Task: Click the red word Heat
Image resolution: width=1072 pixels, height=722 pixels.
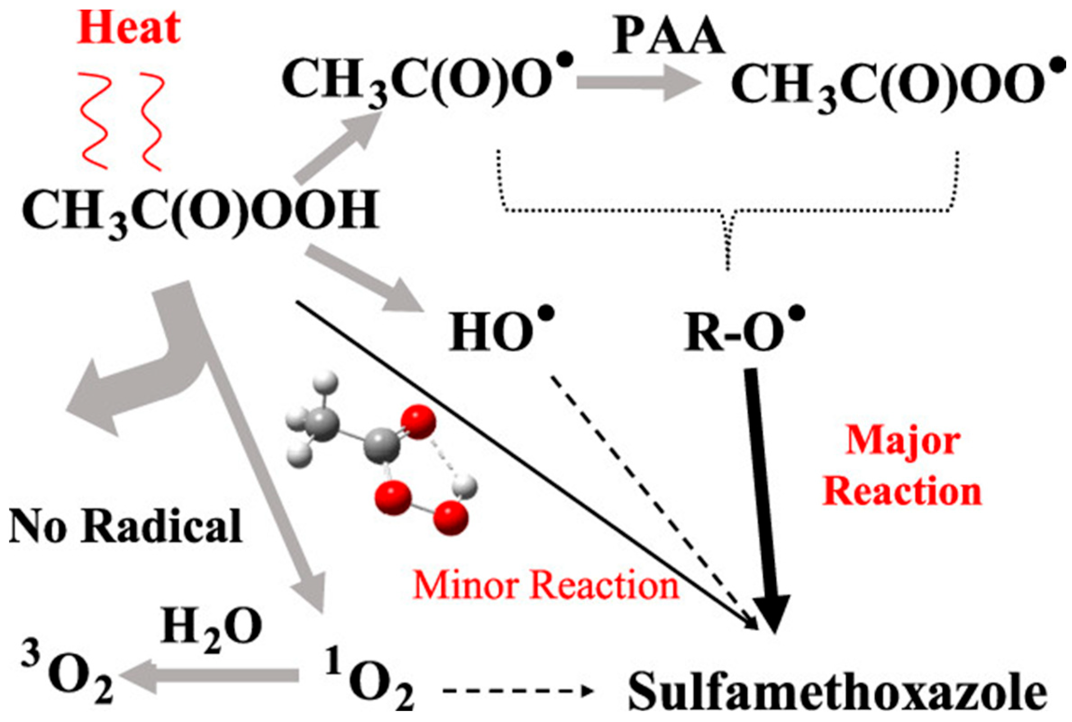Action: pos(128,28)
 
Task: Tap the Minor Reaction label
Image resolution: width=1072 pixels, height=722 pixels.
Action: pos(546,586)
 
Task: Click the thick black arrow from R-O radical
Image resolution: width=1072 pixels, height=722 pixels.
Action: pos(765,497)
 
